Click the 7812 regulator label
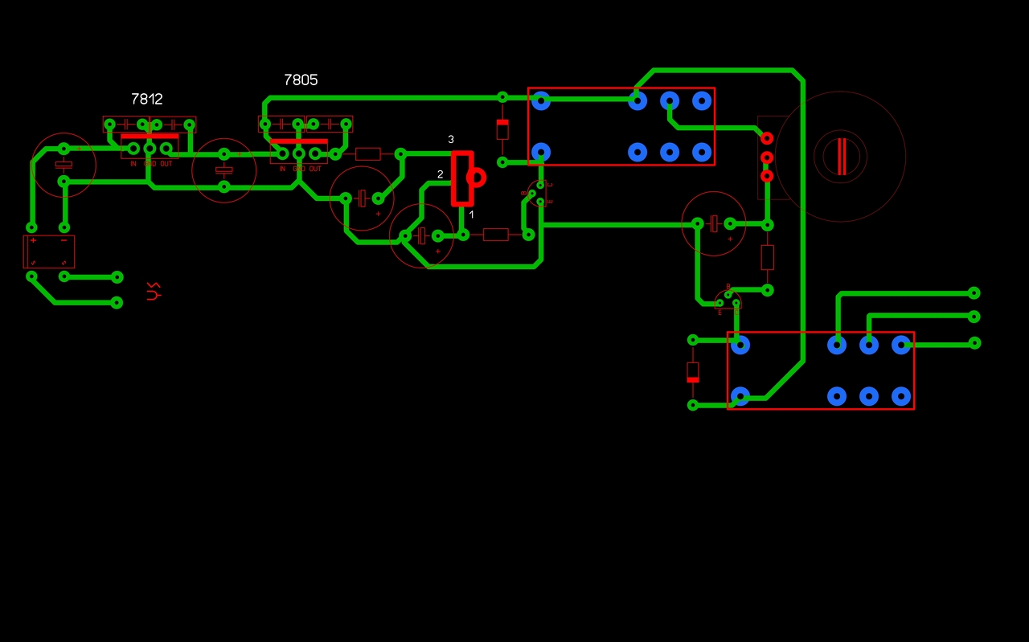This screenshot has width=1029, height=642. tap(147, 99)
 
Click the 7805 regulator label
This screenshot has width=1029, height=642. tap(301, 80)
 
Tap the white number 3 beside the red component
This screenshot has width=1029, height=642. tap(451, 140)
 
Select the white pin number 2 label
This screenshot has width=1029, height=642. tap(440, 174)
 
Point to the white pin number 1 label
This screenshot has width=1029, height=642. tap(472, 215)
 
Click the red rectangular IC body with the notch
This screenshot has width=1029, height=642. tap(461, 178)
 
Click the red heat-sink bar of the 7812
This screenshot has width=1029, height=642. tap(150, 136)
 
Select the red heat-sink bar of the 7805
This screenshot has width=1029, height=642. tap(298, 141)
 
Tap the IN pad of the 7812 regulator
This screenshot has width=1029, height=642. tap(133, 148)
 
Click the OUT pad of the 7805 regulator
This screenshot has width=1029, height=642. tap(315, 153)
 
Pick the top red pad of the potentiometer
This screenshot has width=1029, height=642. tap(767, 138)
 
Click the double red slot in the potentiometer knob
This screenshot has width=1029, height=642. tap(841, 157)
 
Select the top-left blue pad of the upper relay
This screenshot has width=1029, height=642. tap(541, 101)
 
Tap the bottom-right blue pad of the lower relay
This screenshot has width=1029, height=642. tap(901, 396)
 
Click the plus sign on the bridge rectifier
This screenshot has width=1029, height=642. tap(33, 240)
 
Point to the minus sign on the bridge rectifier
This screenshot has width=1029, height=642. tap(64, 240)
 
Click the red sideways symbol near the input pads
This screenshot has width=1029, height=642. tap(153, 291)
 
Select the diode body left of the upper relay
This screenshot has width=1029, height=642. tap(502, 129)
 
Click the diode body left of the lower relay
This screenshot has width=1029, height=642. tap(693, 372)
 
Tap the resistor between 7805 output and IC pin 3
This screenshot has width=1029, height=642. tap(368, 153)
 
